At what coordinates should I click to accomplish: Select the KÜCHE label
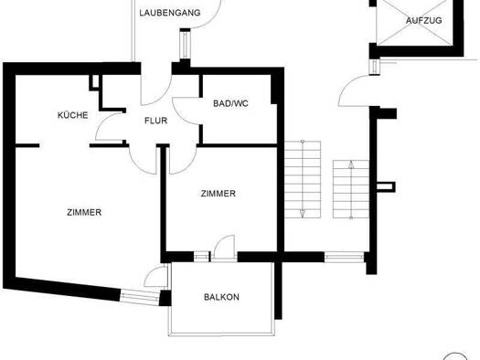tap(72, 115)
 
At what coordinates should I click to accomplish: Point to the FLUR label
tap(155, 120)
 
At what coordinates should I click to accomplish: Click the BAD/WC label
tap(229, 103)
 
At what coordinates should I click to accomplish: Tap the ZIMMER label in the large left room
tap(84, 212)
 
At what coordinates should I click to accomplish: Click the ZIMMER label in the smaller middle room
tap(218, 194)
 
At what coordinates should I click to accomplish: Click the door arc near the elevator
tap(351, 90)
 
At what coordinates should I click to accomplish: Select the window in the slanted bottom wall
tap(142, 295)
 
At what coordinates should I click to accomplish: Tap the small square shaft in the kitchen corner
tap(94, 82)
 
